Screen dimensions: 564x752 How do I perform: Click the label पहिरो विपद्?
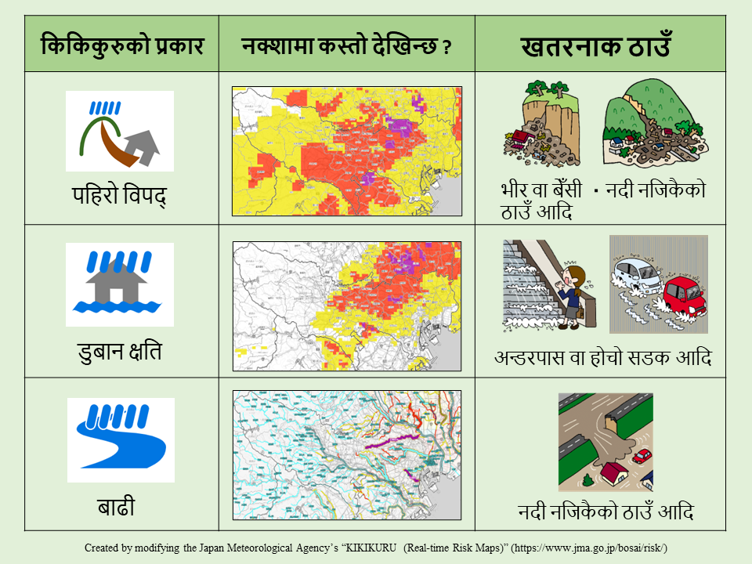(x=120, y=195)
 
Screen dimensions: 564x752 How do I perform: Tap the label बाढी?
(x=120, y=506)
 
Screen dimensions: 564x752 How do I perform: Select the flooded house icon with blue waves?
(x=120, y=284)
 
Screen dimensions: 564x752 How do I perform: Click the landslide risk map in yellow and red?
(x=346, y=150)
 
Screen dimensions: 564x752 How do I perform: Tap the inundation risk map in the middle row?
(x=346, y=304)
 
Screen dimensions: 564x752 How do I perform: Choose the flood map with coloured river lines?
(x=346, y=455)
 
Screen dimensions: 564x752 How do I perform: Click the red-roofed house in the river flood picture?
(x=612, y=473)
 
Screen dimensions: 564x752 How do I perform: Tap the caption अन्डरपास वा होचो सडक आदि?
(x=602, y=357)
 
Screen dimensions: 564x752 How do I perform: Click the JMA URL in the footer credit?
(x=592, y=548)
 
